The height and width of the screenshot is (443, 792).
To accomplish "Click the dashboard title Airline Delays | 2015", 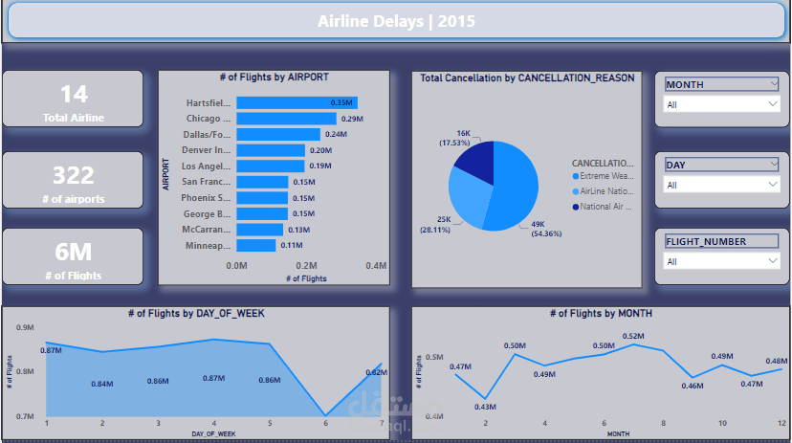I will [x=395, y=20].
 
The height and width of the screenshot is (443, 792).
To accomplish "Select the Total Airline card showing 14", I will [x=73, y=101].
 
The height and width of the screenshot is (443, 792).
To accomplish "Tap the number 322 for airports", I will [x=73, y=175].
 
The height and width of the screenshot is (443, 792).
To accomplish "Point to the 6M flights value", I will [x=73, y=253].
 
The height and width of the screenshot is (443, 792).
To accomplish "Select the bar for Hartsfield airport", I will [x=297, y=102].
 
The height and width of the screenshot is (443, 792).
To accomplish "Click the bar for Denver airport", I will [x=271, y=150].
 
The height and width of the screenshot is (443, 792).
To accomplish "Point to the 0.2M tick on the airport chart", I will [x=306, y=265].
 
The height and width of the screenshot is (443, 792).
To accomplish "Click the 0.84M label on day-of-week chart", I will [x=103, y=384].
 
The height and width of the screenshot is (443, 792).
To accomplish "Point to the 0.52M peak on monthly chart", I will [x=632, y=336].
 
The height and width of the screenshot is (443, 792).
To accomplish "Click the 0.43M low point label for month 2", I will [x=486, y=407].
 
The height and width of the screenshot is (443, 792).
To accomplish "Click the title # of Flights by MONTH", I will [x=601, y=314].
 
